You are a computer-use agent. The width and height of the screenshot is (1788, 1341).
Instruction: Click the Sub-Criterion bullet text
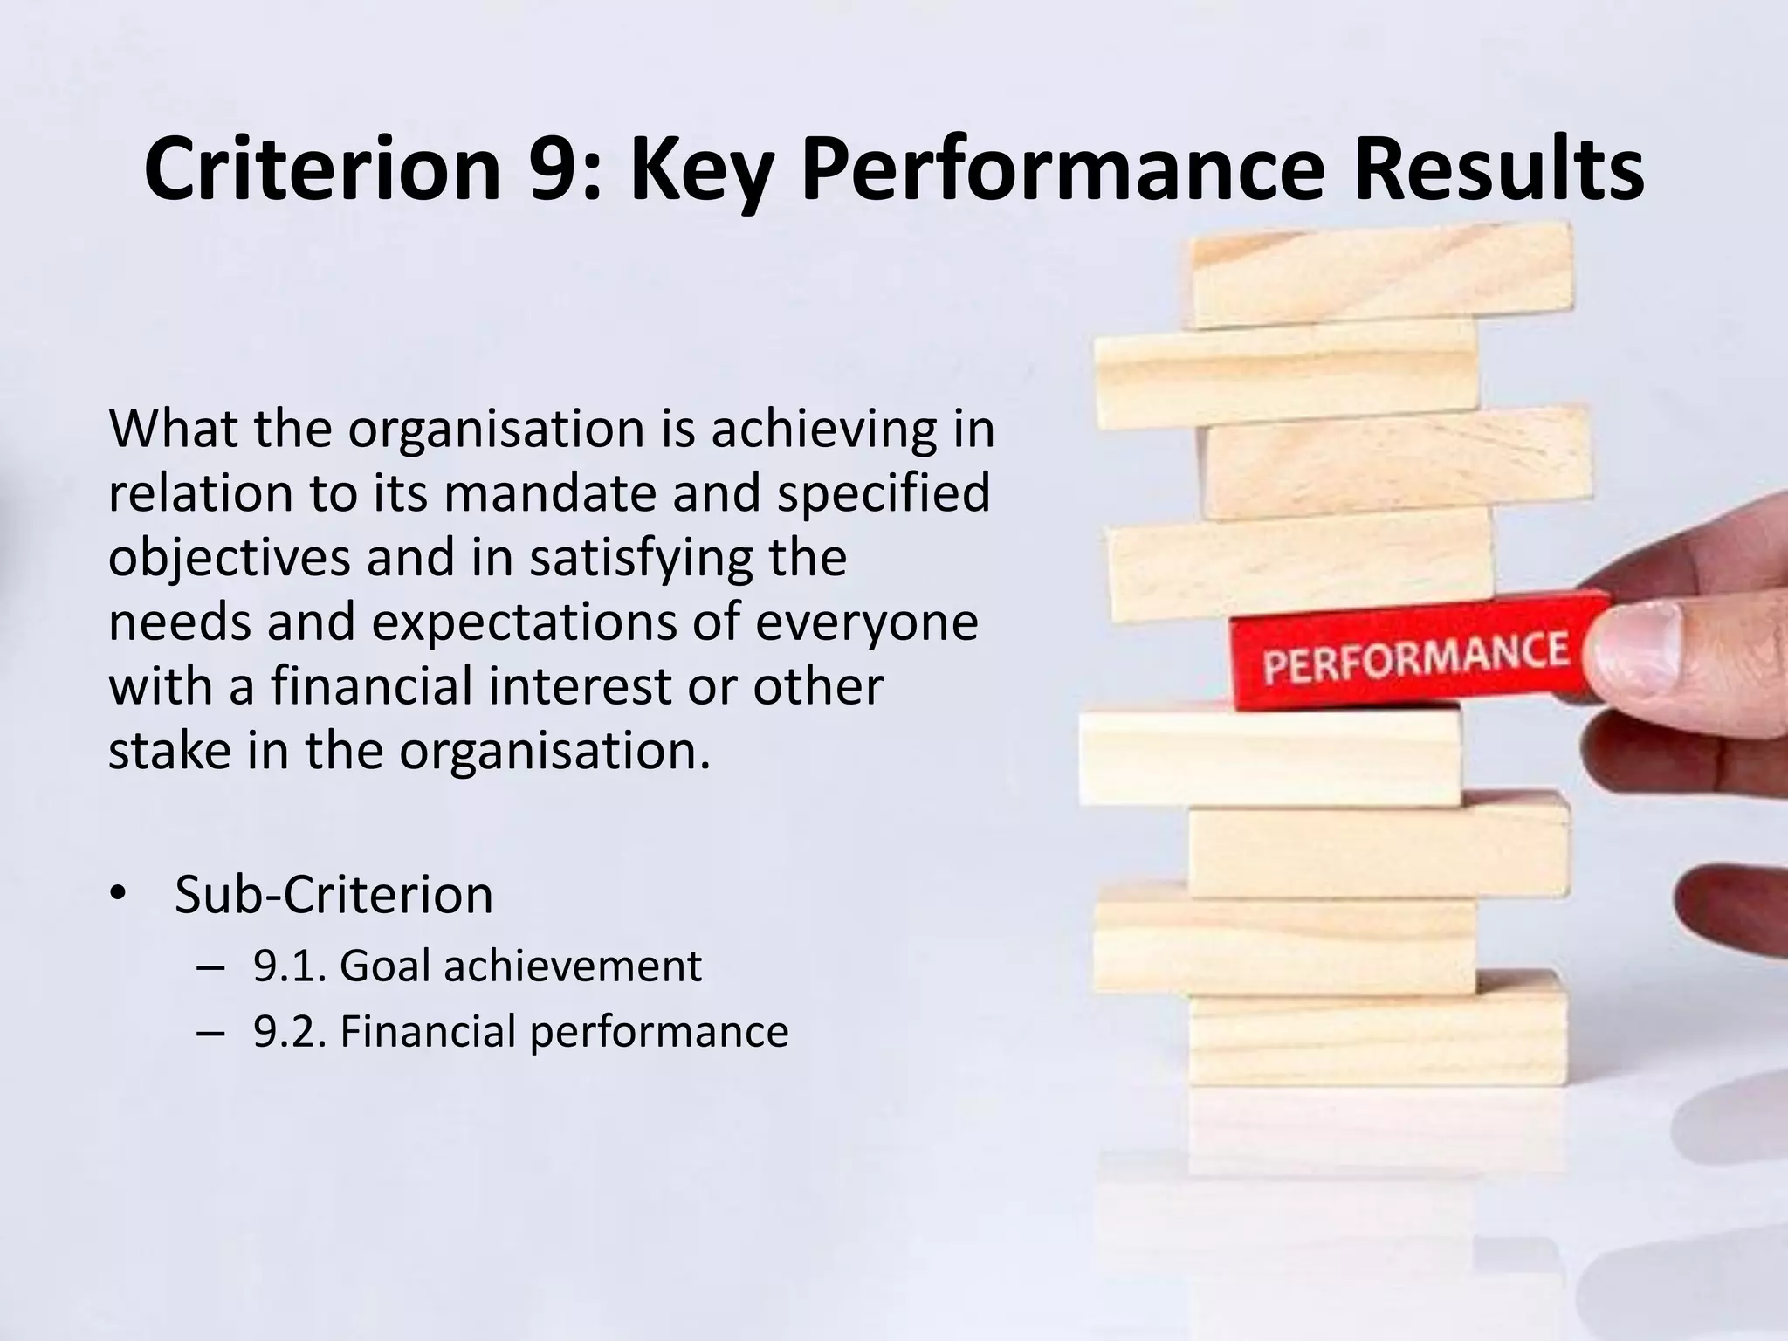pyautogui.click(x=334, y=894)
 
